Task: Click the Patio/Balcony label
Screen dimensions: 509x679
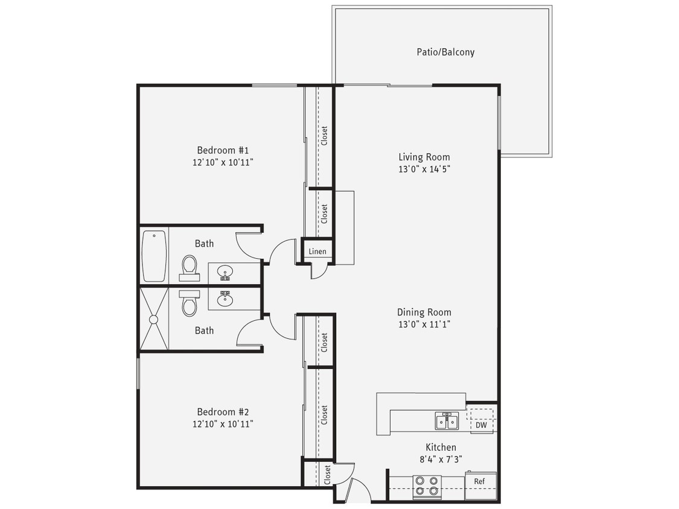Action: (x=445, y=52)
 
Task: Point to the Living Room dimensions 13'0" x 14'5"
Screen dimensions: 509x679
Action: (x=424, y=169)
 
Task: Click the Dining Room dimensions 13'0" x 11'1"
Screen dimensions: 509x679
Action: (x=424, y=324)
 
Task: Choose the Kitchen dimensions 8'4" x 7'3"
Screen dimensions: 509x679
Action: (x=441, y=459)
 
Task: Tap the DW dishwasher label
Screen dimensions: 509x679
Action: (x=481, y=425)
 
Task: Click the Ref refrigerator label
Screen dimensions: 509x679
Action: (x=479, y=481)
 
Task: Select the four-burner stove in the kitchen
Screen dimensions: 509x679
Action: (x=427, y=487)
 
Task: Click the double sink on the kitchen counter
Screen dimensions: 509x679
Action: (x=447, y=422)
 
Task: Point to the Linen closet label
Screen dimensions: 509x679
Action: (x=317, y=251)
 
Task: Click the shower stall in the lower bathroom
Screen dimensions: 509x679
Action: (x=154, y=319)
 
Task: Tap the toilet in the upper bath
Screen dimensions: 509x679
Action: (x=190, y=267)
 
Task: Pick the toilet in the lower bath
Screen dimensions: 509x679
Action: (x=190, y=303)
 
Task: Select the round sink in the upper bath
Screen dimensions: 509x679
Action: (x=225, y=273)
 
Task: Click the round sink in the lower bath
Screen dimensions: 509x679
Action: (x=225, y=299)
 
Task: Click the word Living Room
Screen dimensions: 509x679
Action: (x=424, y=157)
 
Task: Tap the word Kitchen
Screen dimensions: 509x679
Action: (x=441, y=447)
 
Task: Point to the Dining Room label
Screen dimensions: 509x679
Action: (x=424, y=312)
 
